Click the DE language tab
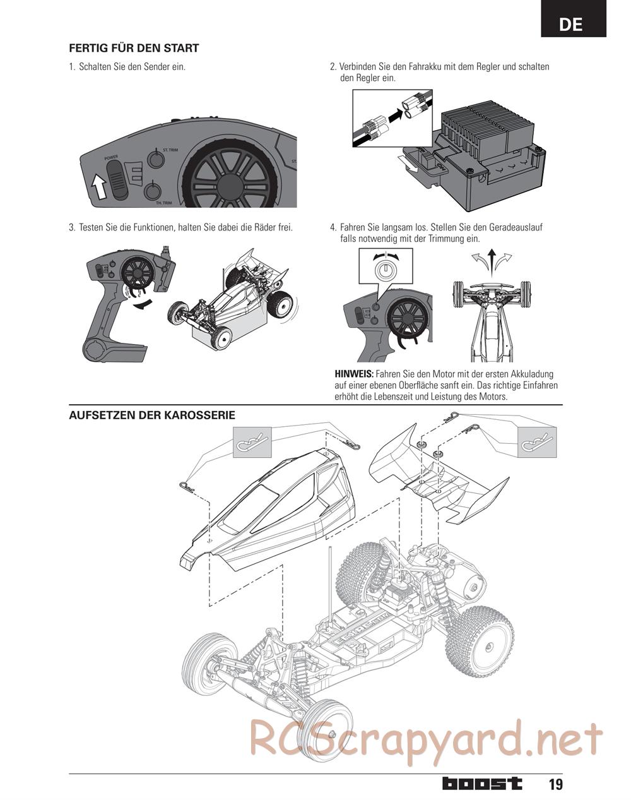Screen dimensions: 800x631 pos(572,23)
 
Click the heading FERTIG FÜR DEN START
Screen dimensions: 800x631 pos(134,48)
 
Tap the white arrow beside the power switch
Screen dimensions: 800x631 pos(98,186)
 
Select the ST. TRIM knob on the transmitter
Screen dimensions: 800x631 pos(155,158)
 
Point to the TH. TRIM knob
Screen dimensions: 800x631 pos(153,191)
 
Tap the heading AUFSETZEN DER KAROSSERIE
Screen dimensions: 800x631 pos(152,415)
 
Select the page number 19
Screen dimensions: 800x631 pos(555,784)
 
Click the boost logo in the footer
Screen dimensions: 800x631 pos(482,784)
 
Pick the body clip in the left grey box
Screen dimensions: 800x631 pos(252,441)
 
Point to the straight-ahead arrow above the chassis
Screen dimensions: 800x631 pos(492,260)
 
